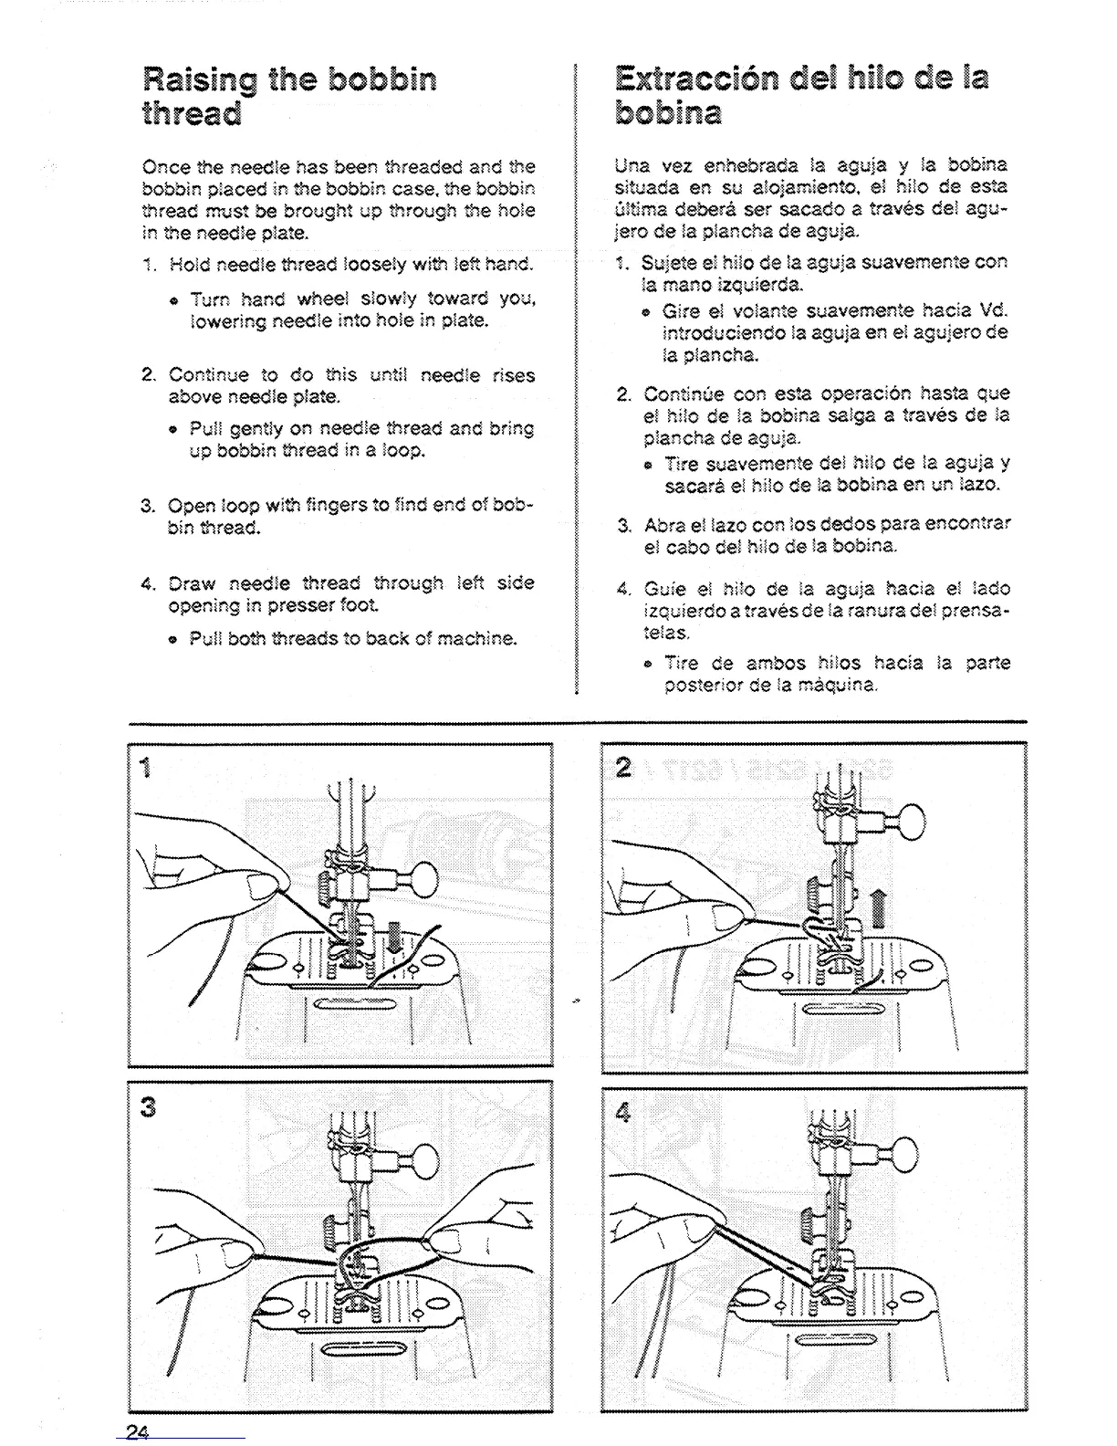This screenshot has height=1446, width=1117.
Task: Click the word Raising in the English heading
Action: pyautogui.click(x=200, y=81)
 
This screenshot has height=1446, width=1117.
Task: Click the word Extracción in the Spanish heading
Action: pyautogui.click(x=709, y=78)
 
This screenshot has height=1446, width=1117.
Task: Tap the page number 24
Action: pyautogui.click(x=138, y=1430)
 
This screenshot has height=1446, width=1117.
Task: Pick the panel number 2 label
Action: pyautogui.click(x=623, y=768)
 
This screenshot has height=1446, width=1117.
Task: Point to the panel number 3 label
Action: pyautogui.click(x=150, y=1106)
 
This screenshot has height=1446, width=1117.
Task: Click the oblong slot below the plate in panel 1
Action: pyautogui.click(x=355, y=1005)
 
